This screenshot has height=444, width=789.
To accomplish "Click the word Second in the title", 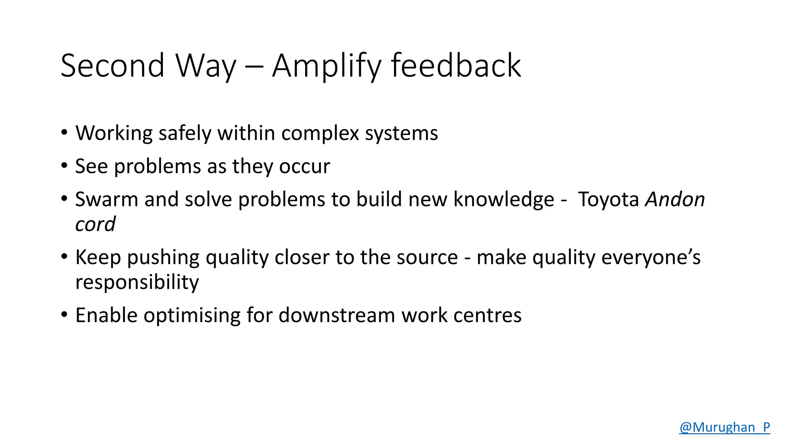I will point(112,66).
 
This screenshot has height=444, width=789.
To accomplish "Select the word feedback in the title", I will point(456,66).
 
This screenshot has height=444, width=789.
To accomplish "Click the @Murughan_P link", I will point(724,427).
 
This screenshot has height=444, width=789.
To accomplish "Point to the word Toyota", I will point(608,200).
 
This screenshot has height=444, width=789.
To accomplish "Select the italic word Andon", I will point(675,200).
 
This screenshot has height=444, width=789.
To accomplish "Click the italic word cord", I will point(95,224).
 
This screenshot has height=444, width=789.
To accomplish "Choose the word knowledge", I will point(504,200).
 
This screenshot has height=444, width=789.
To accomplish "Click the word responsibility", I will point(137,283).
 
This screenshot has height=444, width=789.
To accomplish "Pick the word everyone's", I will point(651,257).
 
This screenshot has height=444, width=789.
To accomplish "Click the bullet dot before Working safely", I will point(64,132).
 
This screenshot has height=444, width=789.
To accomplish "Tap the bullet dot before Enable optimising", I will point(64,314).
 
